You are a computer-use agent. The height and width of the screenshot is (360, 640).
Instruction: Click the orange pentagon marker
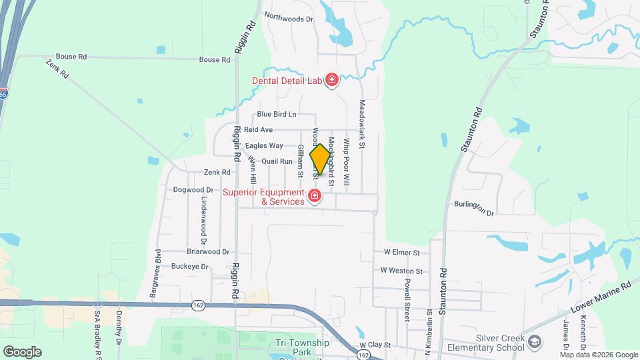point(319,160)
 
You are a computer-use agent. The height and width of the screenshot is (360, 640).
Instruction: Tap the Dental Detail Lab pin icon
point(331,81)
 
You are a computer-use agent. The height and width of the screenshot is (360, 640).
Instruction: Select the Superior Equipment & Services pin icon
point(315,197)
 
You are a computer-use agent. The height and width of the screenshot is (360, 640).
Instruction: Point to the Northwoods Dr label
point(289,19)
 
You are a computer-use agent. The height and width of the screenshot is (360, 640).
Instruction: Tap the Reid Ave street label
point(258,129)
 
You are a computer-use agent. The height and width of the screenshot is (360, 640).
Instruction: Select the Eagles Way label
point(264,145)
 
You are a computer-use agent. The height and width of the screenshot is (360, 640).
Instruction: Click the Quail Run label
point(277,161)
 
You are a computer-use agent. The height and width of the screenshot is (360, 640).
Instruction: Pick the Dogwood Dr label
point(188,190)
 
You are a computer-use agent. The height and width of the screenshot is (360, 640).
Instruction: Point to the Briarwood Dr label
point(208,252)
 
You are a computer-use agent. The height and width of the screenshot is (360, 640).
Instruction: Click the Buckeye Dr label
point(190,267)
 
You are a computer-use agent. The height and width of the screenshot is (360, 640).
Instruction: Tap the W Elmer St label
point(401,253)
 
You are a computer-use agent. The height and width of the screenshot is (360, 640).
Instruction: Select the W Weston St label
point(402,271)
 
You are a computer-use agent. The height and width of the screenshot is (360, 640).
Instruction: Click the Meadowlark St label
point(363,124)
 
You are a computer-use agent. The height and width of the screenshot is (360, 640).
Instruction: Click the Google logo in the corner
point(22,351)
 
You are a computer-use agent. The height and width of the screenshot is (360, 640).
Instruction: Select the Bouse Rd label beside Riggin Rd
point(215,59)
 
